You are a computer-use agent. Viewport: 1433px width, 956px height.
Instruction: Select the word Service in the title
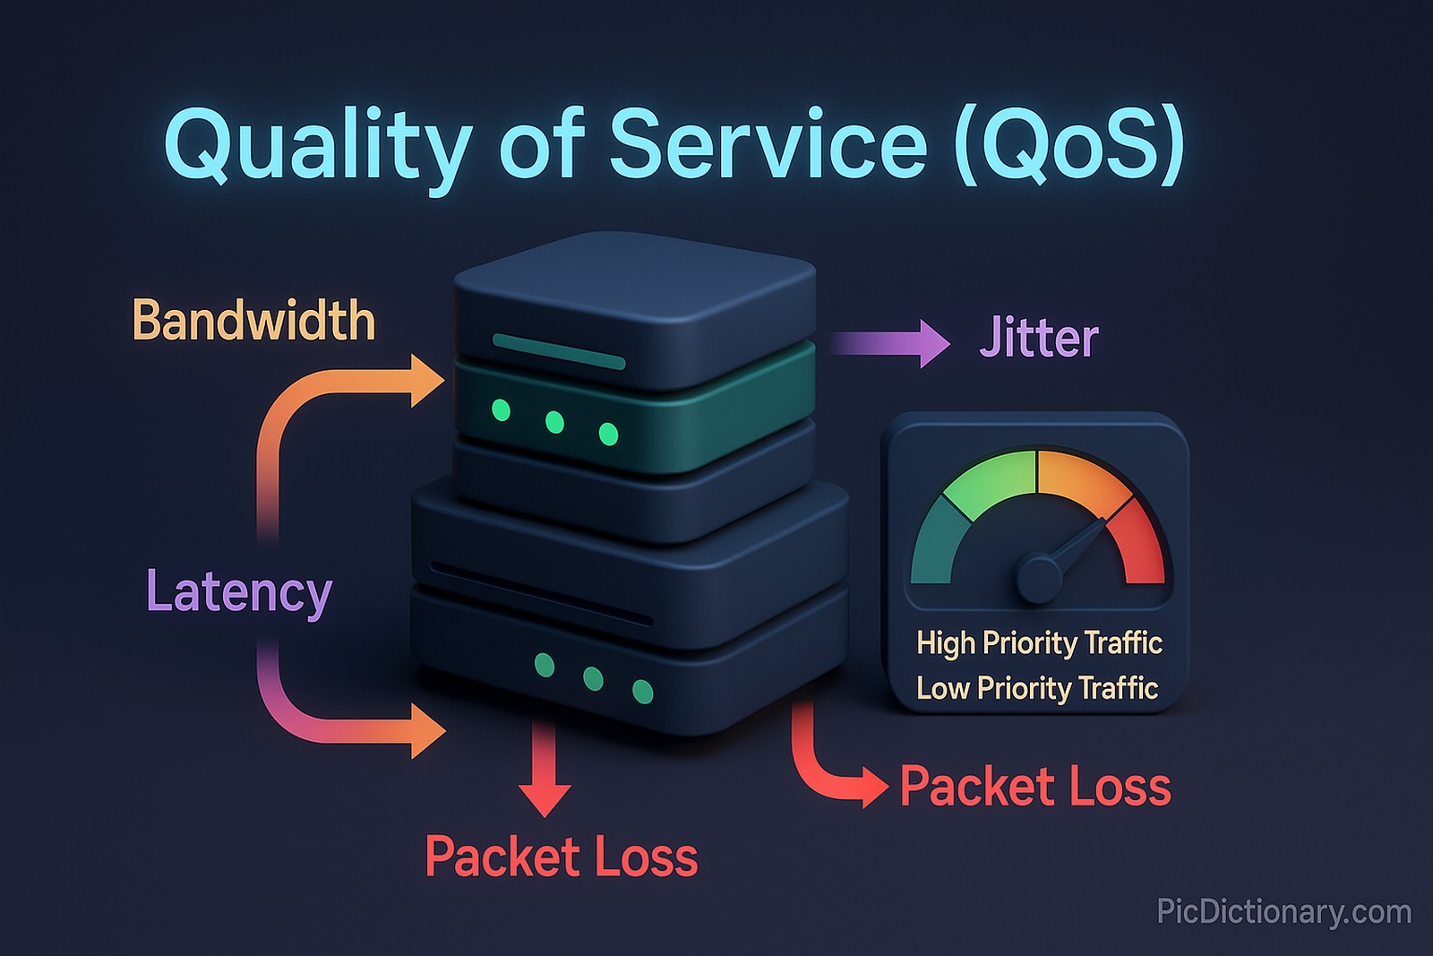[768, 143]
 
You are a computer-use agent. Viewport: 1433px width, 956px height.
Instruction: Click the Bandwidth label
[253, 321]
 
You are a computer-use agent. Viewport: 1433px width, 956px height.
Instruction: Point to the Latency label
[239, 592]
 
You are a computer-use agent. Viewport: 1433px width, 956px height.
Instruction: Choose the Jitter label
[1039, 339]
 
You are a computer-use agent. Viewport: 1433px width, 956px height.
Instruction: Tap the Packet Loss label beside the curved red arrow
[1035, 787]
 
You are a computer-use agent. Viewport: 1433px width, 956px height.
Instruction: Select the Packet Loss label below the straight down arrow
[562, 857]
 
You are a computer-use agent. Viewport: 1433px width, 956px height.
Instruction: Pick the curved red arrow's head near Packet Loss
[872, 787]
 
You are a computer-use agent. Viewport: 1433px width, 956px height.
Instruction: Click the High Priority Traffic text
[1039, 642]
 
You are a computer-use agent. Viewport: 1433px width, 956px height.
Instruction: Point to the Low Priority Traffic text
[1037, 688]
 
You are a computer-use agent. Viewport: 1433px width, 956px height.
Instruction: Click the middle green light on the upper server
[554, 422]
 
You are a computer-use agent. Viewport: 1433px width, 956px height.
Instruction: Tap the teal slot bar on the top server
[559, 351]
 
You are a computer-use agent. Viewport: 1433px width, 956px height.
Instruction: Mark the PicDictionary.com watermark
[1283, 911]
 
